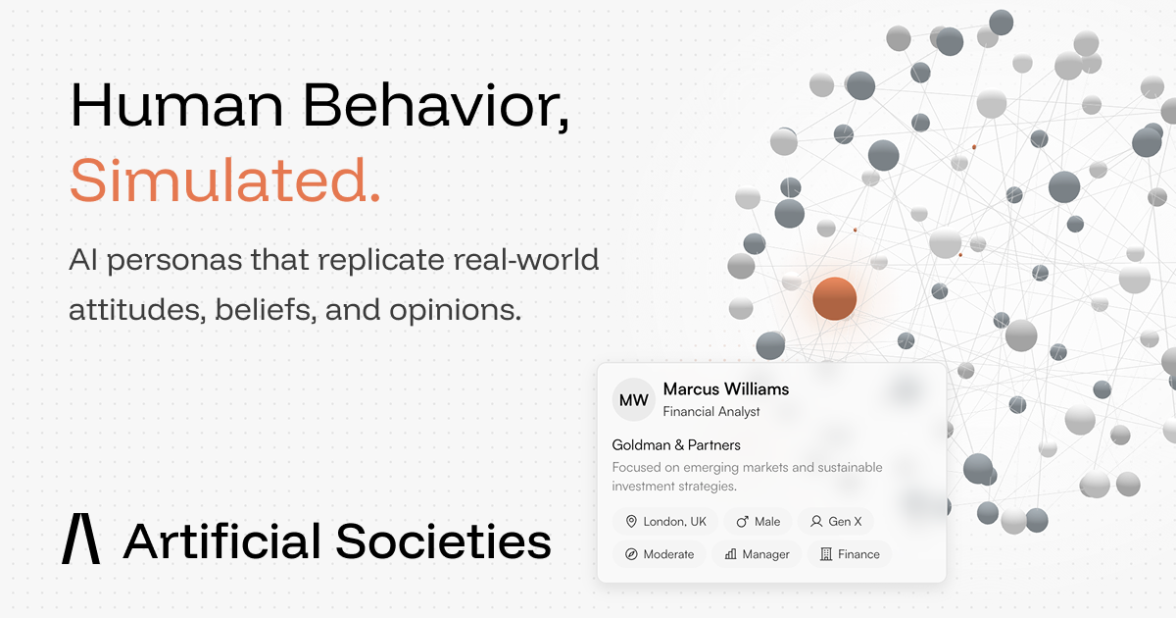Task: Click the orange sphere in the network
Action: click(834, 298)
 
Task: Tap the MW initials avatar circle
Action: click(634, 400)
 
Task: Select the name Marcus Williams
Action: click(726, 388)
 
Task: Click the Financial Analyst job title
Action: click(711, 411)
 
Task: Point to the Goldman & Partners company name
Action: click(676, 445)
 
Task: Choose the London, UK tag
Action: click(665, 521)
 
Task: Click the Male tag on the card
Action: click(758, 521)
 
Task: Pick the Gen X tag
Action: click(836, 521)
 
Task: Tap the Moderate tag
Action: click(660, 554)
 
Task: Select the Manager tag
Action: click(757, 554)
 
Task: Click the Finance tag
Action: click(850, 554)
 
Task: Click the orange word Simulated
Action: click(224, 180)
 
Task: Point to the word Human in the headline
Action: click(177, 105)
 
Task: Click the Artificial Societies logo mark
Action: click(80, 539)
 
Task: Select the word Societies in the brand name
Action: click(444, 541)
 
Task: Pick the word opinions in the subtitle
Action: click(455, 310)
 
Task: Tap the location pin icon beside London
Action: click(631, 521)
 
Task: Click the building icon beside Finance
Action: click(826, 554)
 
